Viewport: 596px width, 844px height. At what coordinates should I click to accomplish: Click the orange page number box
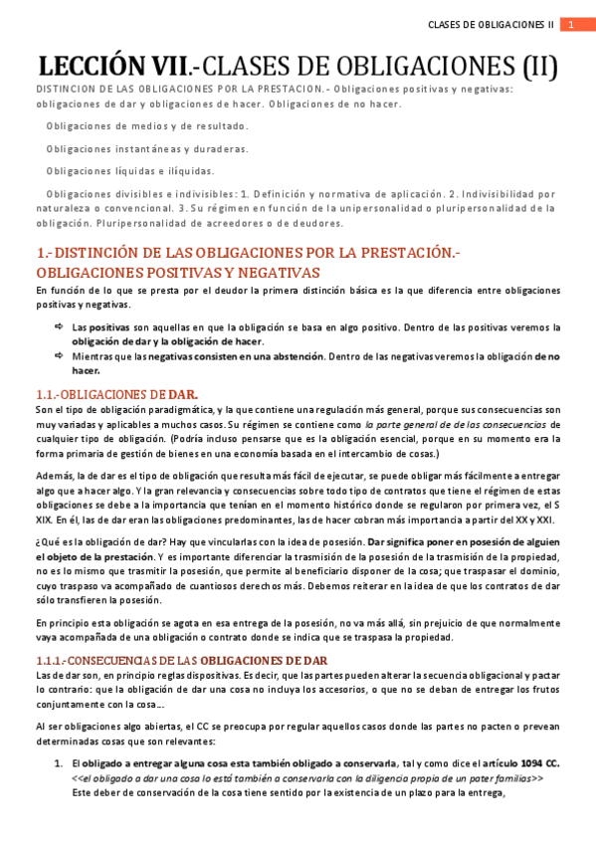(x=571, y=24)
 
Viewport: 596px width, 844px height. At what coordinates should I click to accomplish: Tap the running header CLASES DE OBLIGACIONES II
(x=490, y=24)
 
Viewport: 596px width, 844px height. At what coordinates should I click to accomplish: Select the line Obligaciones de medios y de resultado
(x=147, y=126)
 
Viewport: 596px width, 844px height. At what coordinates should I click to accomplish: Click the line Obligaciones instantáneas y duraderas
(x=146, y=148)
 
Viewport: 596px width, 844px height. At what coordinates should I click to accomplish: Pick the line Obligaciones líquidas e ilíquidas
(x=129, y=170)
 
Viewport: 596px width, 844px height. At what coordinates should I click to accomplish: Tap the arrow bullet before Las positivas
(x=59, y=326)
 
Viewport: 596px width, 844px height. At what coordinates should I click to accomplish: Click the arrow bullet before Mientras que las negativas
(x=59, y=355)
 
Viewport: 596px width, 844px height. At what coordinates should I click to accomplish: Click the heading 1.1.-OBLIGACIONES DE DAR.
(x=115, y=394)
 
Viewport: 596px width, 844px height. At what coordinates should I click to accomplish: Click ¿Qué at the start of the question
(x=46, y=542)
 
